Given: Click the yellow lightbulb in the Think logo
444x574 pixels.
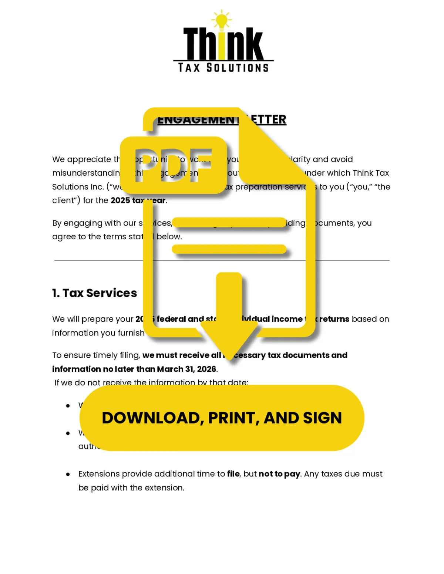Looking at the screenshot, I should (x=221, y=21).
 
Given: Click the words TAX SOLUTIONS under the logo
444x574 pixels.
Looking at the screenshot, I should (x=223, y=68).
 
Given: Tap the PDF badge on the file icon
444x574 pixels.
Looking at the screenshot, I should (x=173, y=165).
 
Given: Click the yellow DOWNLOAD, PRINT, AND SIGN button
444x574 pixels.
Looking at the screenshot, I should (x=222, y=418).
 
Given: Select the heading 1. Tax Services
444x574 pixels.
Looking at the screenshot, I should (x=94, y=293).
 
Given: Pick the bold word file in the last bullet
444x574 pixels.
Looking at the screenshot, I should (x=233, y=474).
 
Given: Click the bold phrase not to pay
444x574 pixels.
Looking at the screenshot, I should (x=279, y=474).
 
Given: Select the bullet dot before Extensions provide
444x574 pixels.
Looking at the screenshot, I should (x=68, y=474).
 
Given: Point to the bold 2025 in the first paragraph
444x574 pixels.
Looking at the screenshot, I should (x=120, y=200).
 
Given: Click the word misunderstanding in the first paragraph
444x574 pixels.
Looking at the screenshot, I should (x=86, y=173).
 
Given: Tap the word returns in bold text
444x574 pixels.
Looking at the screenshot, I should (x=334, y=319).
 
